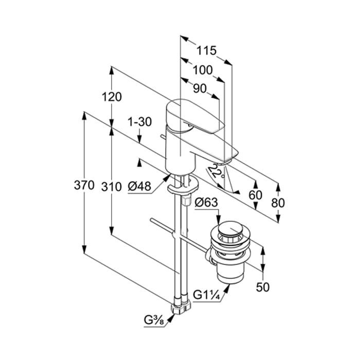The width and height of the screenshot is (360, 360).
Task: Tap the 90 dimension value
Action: pos(200,88)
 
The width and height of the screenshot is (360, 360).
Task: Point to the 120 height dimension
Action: pos(111,97)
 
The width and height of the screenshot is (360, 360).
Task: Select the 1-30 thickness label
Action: pos(139,122)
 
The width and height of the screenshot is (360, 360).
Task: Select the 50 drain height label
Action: pos(262,287)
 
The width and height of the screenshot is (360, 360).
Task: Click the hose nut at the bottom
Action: pos(182,307)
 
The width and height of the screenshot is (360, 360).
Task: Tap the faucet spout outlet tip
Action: pos(229,156)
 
